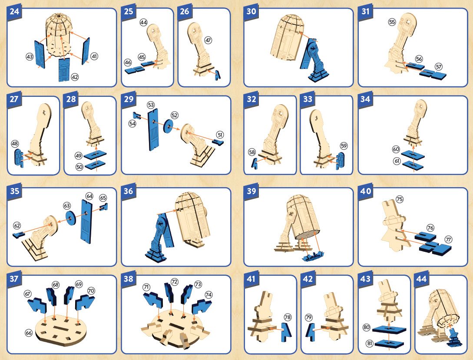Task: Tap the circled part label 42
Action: click(75, 77)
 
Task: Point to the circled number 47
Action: click(208, 40)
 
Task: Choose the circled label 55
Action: click(392, 22)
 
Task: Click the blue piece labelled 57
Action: click(433, 74)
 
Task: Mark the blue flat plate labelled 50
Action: click(95, 165)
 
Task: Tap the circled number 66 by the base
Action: click(29, 333)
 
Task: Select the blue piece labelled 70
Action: click(84, 302)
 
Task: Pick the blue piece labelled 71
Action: click(153, 300)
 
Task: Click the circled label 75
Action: click(400, 199)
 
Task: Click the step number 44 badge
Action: click(421, 280)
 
